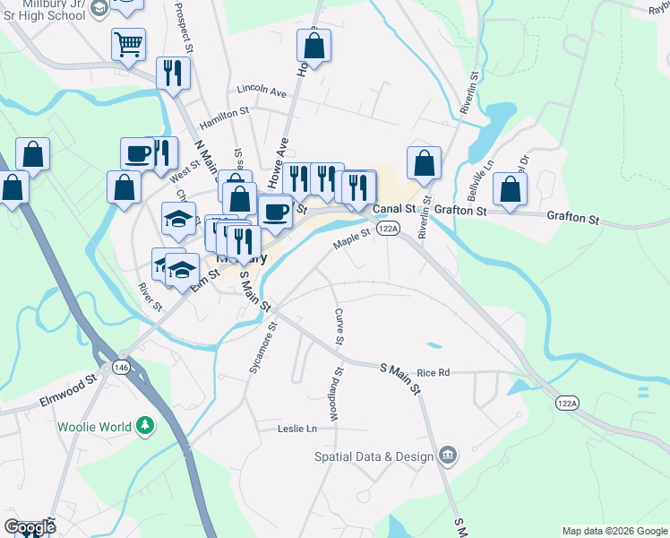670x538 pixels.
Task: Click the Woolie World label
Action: click(x=95, y=427)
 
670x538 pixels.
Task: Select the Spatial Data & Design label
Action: click(x=373, y=456)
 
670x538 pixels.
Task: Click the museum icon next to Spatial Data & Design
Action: click(x=448, y=456)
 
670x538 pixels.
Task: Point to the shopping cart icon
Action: click(x=128, y=43)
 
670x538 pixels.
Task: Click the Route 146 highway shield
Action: click(x=120, y=367)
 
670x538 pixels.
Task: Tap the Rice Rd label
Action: click(x=433, y=372)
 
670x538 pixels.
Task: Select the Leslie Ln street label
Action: click(x=298, y=430)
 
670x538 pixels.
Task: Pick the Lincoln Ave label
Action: click(x=262, y=91)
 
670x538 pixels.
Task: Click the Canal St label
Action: click(x=395, y=209)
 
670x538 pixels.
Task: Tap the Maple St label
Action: click(x=352, y=239)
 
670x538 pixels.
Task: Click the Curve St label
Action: click(x=339, y=326)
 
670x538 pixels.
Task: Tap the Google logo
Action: click(x=30, y=527)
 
